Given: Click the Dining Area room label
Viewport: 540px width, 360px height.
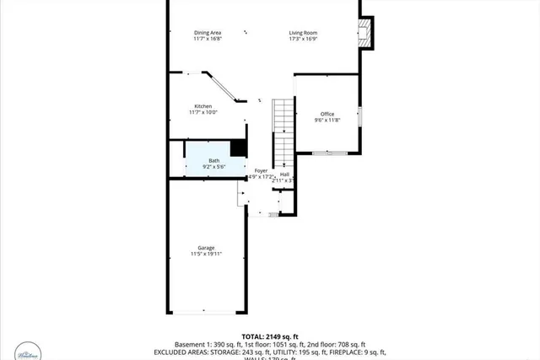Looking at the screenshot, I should [207, 33].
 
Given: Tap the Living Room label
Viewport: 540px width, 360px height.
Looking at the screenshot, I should [303, 33].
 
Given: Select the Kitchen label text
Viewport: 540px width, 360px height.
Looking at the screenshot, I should [203, 106].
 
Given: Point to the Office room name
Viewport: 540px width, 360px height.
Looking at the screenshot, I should [327, 114].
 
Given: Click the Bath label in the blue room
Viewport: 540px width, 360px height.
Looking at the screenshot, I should [214, 160].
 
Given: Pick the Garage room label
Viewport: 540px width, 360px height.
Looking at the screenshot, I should [206, 247].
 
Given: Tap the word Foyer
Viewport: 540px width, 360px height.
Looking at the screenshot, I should [262, 170].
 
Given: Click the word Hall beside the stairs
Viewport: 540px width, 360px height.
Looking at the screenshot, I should [285, 175].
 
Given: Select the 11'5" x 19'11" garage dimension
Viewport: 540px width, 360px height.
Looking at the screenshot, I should [206, 254].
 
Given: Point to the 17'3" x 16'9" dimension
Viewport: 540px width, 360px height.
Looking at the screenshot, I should [303, 40].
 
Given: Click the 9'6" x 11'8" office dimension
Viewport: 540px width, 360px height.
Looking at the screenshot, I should [327, 121].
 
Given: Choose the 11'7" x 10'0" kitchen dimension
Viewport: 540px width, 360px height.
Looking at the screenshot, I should [203, 113].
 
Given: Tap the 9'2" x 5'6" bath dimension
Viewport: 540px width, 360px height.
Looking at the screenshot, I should [214, 167].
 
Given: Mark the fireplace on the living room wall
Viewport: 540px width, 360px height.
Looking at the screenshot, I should [364, 35].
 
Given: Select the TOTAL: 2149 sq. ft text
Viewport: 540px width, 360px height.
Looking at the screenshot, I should [271, 336].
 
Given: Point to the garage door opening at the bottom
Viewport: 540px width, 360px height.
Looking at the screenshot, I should [208, 312].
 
